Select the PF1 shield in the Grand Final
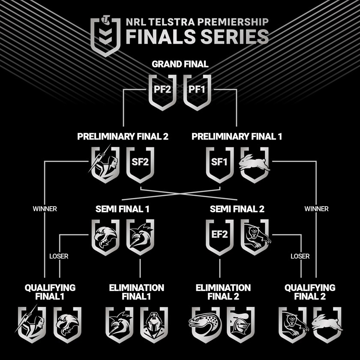(x=198, y=91)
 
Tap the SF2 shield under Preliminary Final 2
(x=140, y=164)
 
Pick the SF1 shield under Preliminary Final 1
(x=220, y=164)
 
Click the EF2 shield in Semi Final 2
(x=220, y=236)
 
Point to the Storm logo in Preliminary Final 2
(x=105, y=164)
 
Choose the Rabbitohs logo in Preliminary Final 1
(x=255, y=164)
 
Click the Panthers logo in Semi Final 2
(x=255, y=236)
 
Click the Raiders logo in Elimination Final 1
(x=154, y=324)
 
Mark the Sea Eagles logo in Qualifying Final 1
(x=67, y=324)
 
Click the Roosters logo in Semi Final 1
(x=140, y=236)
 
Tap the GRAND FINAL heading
(x=180, y=65)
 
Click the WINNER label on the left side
(x=45, y=209)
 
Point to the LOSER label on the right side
(x=300, y=256)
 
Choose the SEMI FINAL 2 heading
(x=237, y=210)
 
